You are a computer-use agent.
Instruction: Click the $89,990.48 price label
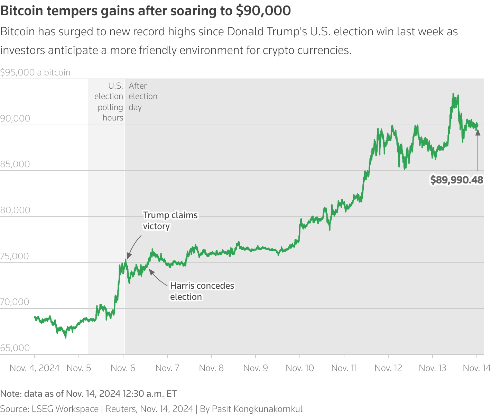(456, 180)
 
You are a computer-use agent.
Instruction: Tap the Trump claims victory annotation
(170, 220)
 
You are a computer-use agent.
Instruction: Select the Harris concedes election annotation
(202, 291)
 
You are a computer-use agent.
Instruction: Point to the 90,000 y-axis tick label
(15, 118)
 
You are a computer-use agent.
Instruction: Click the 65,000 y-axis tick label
(15, 348)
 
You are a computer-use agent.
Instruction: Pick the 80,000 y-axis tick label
(15, 210)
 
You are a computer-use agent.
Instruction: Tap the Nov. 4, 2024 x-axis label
(35, 368)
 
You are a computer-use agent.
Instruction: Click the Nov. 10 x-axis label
(300, 368)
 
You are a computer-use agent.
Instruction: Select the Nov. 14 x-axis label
(476, 368)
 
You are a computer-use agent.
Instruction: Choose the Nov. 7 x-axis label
(167, 368)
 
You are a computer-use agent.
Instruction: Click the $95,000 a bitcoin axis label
(35, 72)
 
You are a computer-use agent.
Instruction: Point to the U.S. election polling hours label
(109, 102)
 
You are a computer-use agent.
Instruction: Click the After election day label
(142, 96)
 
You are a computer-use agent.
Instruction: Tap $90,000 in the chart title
(263, 11)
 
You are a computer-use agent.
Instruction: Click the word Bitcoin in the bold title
(22, 11)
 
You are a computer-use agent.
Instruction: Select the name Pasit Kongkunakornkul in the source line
(257, 409)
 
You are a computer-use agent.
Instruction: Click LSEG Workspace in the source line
(65, 409)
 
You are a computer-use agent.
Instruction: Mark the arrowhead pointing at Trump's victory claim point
(128, 256)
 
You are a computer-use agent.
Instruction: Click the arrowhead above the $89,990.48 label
(478, 132)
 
